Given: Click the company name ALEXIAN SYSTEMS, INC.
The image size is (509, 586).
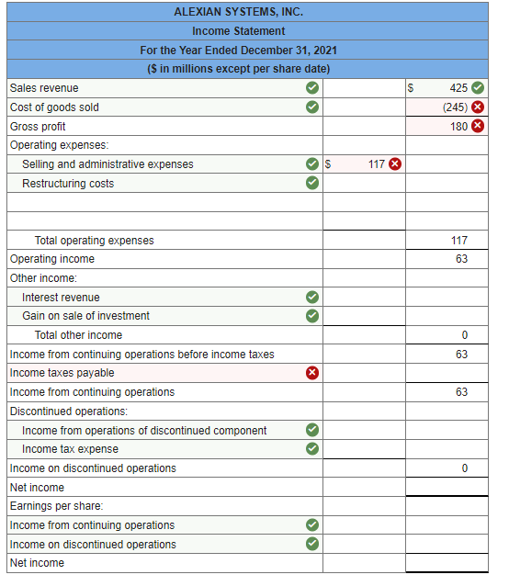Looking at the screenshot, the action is pyautogui.click(x=238, y=12).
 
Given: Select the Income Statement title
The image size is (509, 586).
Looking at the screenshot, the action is pyautogui.click(x=238, y=31).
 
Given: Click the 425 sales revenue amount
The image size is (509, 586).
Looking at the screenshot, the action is pyautogui.click(x=458, y=88).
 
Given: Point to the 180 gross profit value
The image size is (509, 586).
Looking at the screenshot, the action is pyautogui.click(x=458, y=127).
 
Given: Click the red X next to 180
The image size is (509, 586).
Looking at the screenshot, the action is pyautogui.click(x=478, y=127).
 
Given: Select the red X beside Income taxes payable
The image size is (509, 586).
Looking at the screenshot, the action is pyautogui.click(x=312, y=373).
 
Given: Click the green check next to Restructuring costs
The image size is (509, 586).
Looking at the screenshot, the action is pyautogui.click(x=312, y=183).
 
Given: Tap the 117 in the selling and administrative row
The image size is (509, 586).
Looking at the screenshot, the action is pyautogui.click(x=376, y=164).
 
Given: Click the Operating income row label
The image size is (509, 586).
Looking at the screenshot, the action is pyautogui.click(x=51, y=259).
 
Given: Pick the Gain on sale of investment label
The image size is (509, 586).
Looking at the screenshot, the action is pyautogui.click(x=85, y=316).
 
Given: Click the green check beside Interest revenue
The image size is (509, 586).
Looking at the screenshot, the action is pyautogui.click(x=312, y=297).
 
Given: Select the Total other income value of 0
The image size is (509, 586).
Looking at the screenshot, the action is pyautogui.click(x=465, y=335).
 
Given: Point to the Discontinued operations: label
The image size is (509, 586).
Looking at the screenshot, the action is pyautogui.click(x=68, y=411).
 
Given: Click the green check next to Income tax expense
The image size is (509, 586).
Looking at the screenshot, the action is pyautogui.click(x=312, y=449).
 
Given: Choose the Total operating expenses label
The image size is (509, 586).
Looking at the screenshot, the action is pyautogui.click(x=94, y=241).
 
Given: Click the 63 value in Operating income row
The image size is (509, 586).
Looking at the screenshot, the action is pyautogui.click(x=461, y=259).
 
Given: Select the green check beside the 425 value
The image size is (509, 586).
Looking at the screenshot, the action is pyautogui.click(x=478, y=88).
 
